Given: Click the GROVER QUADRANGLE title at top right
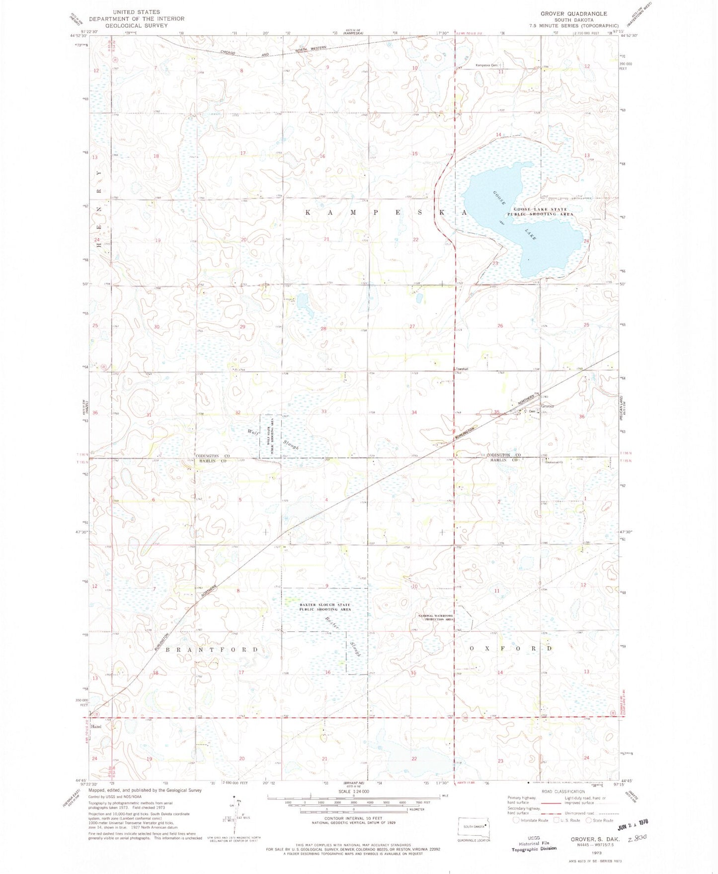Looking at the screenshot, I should coord(573,13).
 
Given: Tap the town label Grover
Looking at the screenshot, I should coord(548,406).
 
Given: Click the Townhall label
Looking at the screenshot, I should coord(462,369).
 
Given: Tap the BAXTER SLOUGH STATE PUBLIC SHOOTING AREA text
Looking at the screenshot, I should coord(325,607).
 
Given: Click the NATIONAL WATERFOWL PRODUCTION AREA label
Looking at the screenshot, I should coord(436,618).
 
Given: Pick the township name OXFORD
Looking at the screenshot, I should coord(510,649).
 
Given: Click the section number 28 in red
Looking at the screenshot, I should coord(323,328).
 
